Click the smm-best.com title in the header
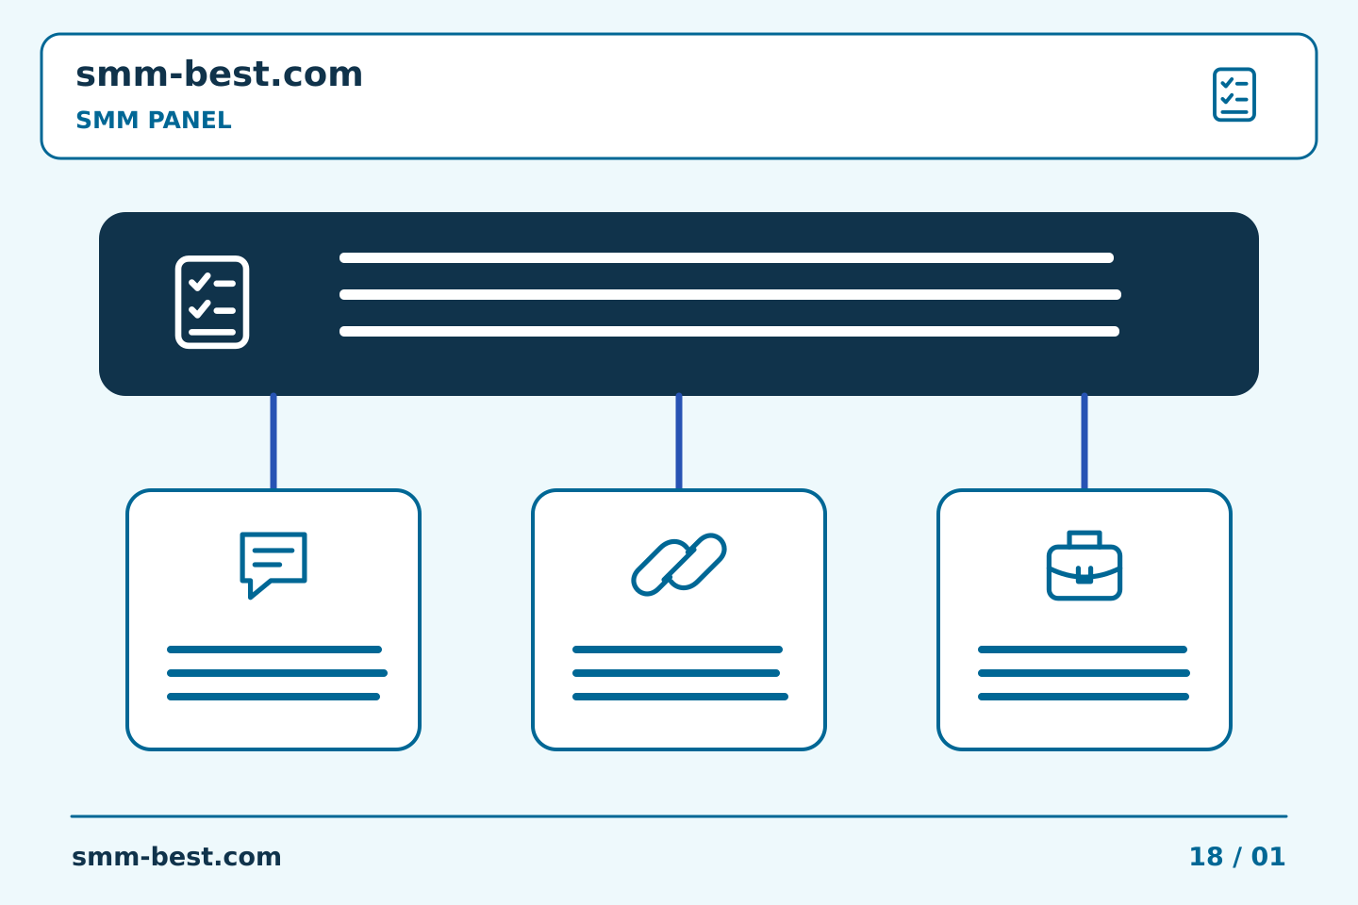pos(219,74)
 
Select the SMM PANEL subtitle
pos(154,120)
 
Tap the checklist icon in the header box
pos(1234,94)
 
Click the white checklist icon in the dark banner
pos(212,302)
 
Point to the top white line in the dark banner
pos(726,257)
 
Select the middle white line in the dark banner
pos(730,294)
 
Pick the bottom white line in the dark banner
pos(729,331)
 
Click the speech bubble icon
pos(273,565)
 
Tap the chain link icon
pos(679,565)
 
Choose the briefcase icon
pos(1085,566)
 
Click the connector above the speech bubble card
pos(273,441)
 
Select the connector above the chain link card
pos(679,441)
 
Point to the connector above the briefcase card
pos(1085,441)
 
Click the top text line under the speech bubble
pos(274,650)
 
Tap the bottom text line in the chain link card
pos(680,697)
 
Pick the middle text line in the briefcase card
pos(1084,673)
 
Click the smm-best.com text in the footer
pos(176,857)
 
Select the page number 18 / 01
pos(1236,857)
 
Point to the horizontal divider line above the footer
pos(679,816)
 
